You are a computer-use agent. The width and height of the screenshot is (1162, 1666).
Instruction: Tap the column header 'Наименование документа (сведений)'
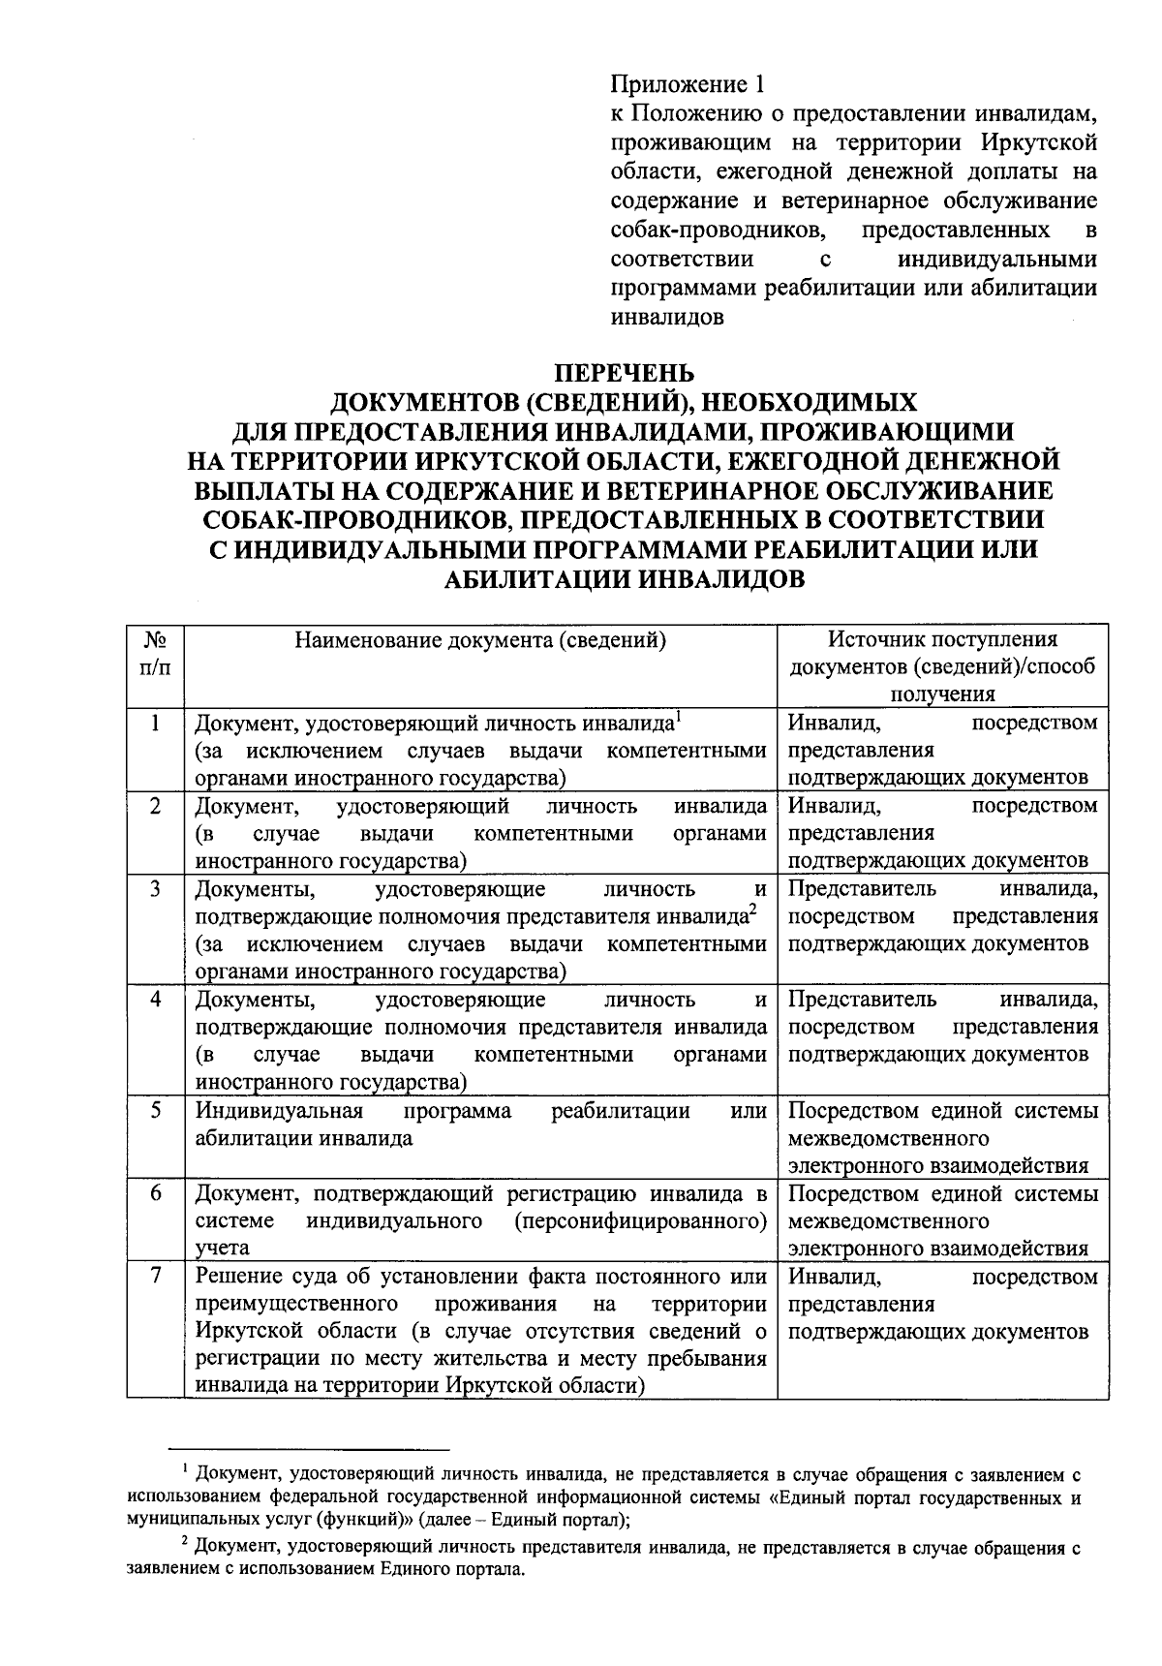tap(480, 639)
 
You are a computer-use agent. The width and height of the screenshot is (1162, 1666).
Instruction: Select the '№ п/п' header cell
tap(155, 654)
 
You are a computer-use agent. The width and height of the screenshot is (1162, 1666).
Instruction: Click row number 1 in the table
tap(155, 723)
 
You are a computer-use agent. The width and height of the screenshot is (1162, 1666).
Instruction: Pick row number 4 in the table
tap(155, 999)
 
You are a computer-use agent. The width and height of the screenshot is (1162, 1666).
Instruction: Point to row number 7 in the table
tap(155, 1276)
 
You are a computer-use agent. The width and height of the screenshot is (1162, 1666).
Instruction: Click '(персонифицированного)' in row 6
tap(641, 1220)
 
